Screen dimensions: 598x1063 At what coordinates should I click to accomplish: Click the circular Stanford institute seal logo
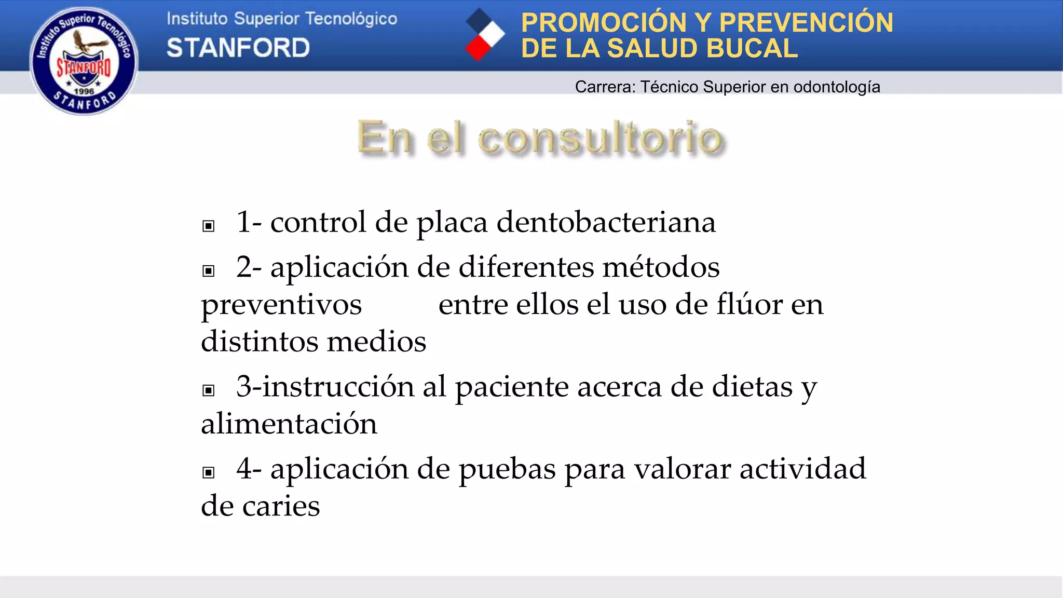tap(84, 61)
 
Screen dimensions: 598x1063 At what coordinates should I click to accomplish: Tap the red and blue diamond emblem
tap(484, 35)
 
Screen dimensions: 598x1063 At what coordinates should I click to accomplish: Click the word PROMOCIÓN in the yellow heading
tap(604, 23)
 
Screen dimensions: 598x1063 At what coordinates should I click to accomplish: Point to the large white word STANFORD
tap(238, 48)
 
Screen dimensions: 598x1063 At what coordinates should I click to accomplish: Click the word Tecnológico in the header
tap(351, 19)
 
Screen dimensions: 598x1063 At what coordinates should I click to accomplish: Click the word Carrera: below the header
tap(605, 87)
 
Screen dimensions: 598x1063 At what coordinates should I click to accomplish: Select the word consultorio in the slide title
tap(600, 138)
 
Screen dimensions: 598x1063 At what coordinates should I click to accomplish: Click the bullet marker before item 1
tap(208, 226)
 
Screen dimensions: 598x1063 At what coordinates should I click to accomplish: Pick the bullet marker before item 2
tap(208, 270)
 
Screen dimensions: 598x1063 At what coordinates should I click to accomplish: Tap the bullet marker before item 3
tap(208, 390)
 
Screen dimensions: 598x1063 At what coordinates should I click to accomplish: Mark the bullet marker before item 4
tap(208, 472)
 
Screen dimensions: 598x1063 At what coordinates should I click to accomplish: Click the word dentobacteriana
tap(606, 222)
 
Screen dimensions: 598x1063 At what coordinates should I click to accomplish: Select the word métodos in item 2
tap(661, 267)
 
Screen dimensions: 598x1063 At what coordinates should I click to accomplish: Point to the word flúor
tap(749, 304)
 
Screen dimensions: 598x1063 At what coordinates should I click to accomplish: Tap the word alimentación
tap(289, 424)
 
